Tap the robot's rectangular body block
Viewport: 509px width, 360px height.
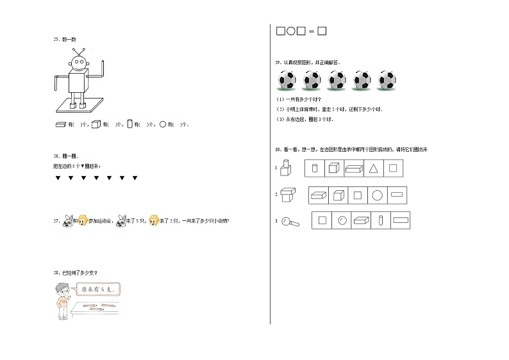tap(78, 83)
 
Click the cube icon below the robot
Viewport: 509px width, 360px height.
tap(94, 124)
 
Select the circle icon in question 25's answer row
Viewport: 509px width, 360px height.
tap(162, 124)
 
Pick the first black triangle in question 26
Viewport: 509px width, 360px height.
tap(57, 177)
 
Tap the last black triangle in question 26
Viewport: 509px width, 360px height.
tap(135, 177)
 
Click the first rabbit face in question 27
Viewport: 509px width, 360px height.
tap(66, 222)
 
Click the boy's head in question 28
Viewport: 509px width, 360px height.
tap(62, 289)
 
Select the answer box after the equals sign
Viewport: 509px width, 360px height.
tap(322, 31)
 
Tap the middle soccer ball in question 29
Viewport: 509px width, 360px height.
tap(337, 80)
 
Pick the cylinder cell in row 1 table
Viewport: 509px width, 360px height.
tap(313, 168)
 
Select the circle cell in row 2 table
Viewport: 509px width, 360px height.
tap(378, 195)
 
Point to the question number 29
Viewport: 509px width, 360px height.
tap(277, 63)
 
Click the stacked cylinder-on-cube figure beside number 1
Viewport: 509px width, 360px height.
tap(287, 168)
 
